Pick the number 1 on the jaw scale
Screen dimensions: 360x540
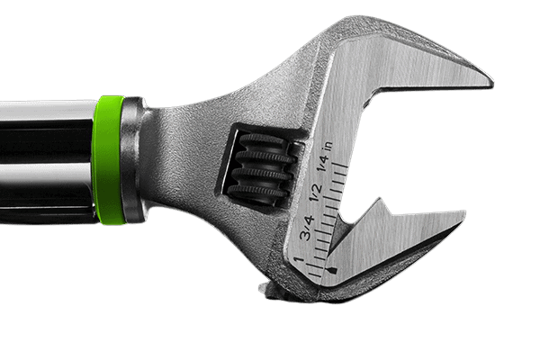coord(298,260)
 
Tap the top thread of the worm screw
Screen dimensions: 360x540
coord(262,141)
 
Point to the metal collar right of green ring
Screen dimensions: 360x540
coord(133,160)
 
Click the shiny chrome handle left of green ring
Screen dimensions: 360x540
coord(45,157)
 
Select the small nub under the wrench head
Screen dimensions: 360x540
coord(266,288)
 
